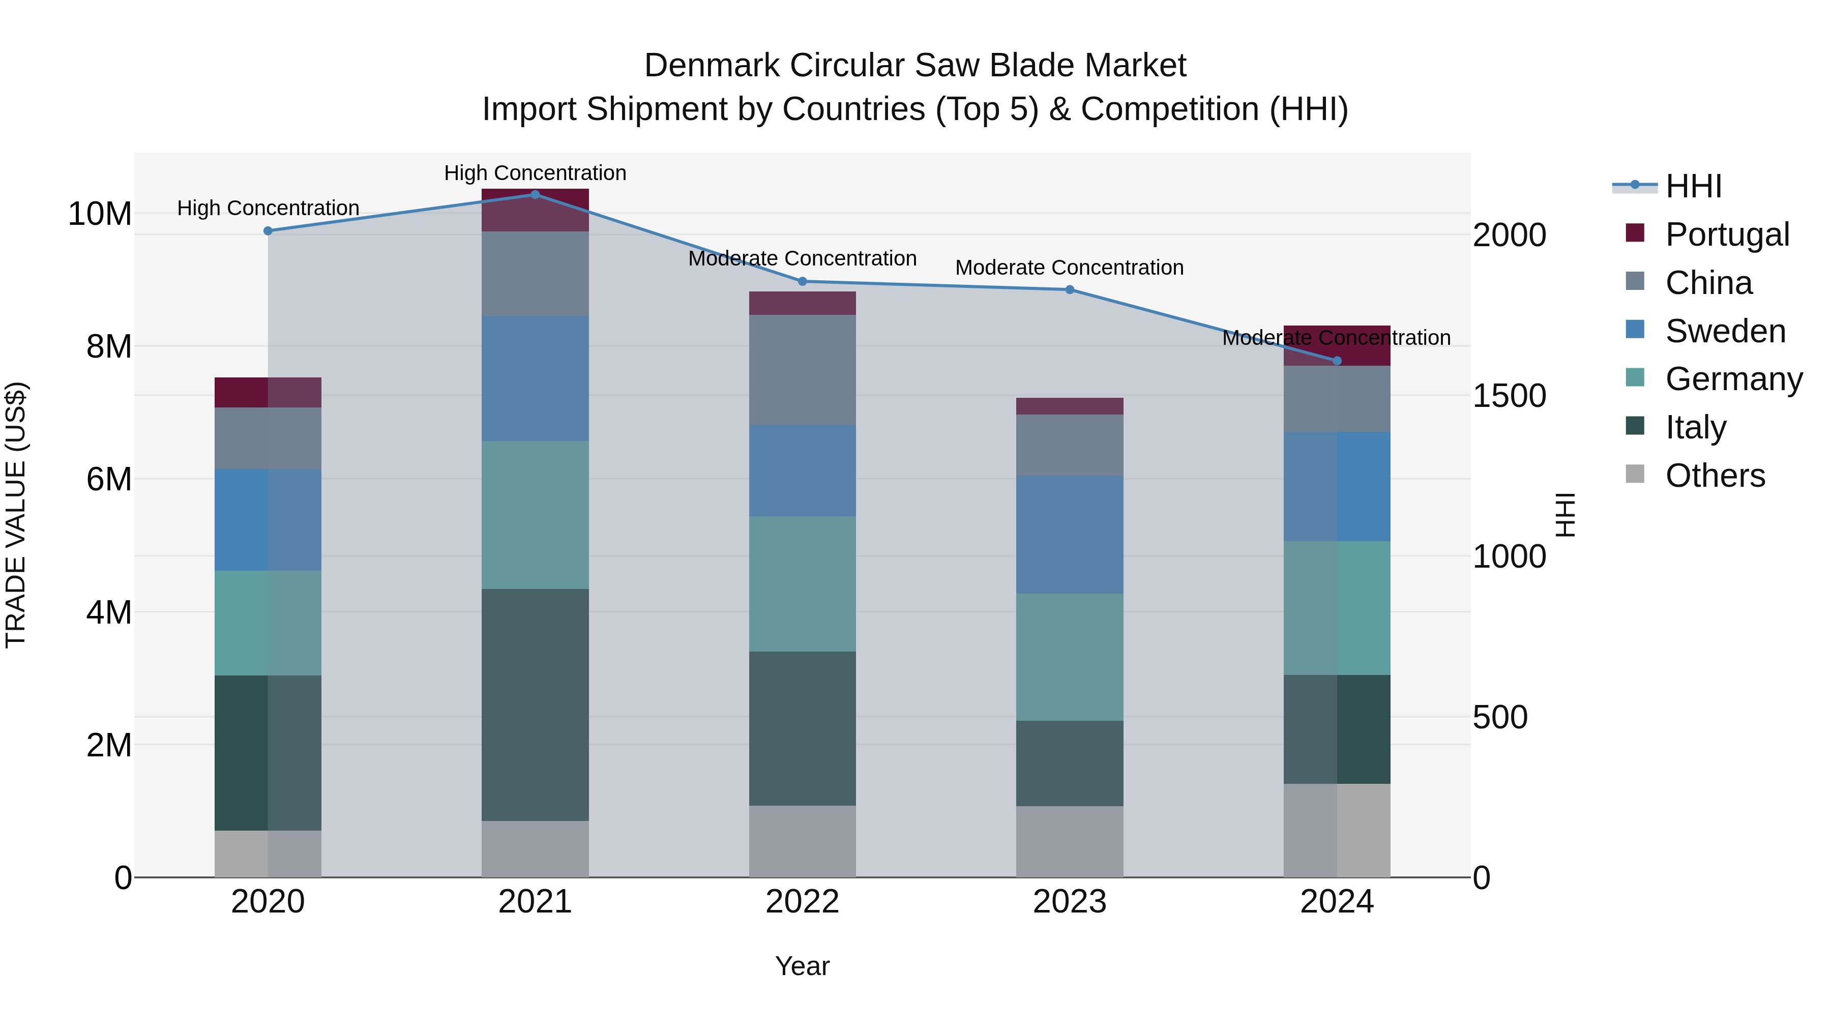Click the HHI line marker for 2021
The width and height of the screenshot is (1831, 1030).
pos(535,194)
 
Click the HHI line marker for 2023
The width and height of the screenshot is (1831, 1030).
pos(1070,289)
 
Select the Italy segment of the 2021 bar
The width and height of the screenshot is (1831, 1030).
pos(535,704)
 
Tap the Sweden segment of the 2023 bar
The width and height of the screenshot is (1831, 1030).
pos(1070,535)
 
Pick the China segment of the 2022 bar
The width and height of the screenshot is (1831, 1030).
pos(803,370)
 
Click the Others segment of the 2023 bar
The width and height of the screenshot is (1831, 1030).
pos(1070,842)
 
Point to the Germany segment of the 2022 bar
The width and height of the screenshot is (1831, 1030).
pos(803,583)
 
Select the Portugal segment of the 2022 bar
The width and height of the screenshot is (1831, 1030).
pos(803,303)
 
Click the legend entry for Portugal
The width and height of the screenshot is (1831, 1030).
pos(1727,234)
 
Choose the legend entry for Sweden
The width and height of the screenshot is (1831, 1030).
pos(1725,331)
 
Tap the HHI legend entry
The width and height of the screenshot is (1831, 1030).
pos(1693,186)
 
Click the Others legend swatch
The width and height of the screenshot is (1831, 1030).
pos(1635,474)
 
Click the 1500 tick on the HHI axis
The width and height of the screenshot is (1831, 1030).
pos(1509,396)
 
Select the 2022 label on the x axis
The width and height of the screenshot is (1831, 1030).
pos(803,902)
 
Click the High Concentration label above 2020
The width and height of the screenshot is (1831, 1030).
pos(268,208)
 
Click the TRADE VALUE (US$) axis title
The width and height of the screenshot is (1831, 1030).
pos(16,515)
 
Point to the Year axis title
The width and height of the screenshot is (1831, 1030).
pos(803,966)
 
